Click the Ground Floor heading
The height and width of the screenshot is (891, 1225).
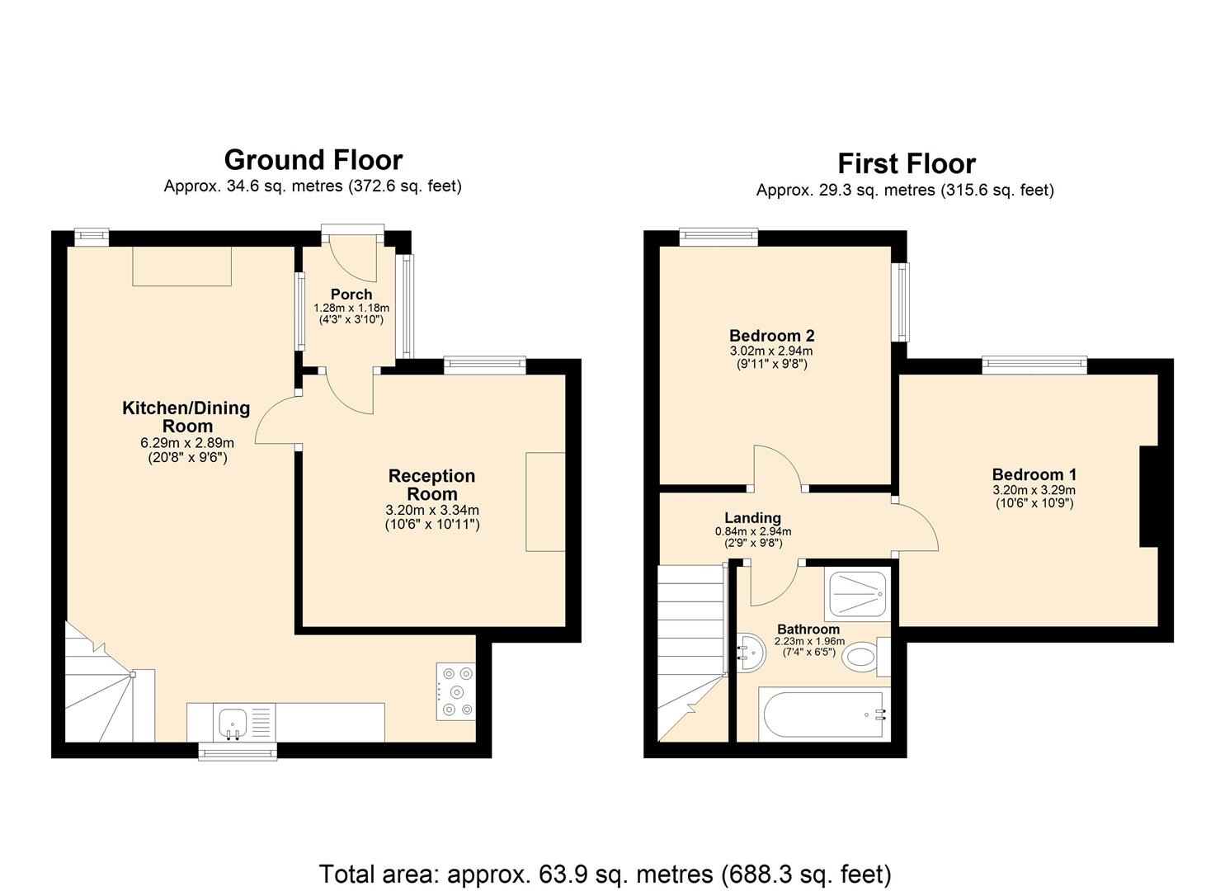tap(313, 159)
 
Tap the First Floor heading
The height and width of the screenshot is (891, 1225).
tap(906, 163)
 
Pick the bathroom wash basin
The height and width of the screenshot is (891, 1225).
tap(749, 652)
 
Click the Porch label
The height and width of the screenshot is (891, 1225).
tap(351, 295)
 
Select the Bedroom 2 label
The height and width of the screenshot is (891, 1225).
tap(771, 336)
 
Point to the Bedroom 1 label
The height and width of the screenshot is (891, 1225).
tap(1034, 474)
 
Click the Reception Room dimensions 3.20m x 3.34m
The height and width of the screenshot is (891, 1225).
tap(432, 510)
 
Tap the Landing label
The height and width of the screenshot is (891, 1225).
tap(752, 518)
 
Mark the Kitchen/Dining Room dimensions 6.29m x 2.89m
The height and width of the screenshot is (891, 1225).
tap(187, 443)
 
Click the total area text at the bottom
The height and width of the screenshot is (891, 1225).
tap(605, 874)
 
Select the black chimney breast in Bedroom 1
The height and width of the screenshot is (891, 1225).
tap(1150, 497)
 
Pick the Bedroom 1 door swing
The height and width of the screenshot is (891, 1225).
tap(917, 528)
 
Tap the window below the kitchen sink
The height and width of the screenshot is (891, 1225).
tap(238, 751)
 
